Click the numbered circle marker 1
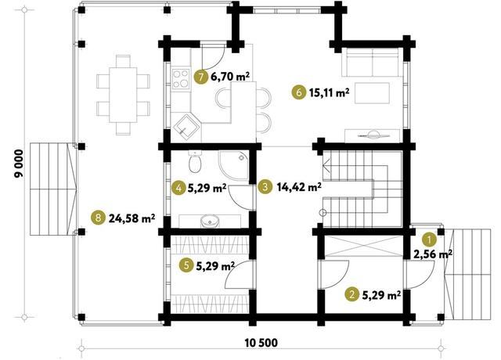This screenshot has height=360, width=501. point(429,239)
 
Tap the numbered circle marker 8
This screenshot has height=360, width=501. point(98,218)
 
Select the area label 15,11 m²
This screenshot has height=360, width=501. point(329,92)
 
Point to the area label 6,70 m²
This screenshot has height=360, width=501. point(230,77)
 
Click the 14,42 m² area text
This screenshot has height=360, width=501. point(299,186)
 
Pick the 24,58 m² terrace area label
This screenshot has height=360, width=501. point(132,218)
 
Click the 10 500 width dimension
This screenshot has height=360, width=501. point(261,343)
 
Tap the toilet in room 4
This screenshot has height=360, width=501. point(195,161)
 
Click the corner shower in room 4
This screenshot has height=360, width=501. point(233,165)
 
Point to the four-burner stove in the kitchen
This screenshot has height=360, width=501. point(181,79)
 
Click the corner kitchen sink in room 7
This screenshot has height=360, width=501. point(186,128)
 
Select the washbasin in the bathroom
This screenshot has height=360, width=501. point(210,221)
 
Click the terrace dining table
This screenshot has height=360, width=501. point(123,95)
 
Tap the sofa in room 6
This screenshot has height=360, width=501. point(373,62)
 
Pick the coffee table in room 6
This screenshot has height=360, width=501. point(373,93)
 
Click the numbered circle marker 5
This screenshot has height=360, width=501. point(186,265)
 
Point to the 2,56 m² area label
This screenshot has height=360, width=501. point(433,254)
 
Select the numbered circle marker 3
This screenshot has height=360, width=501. point(265,186)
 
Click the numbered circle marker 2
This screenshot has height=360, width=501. point(352,294)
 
